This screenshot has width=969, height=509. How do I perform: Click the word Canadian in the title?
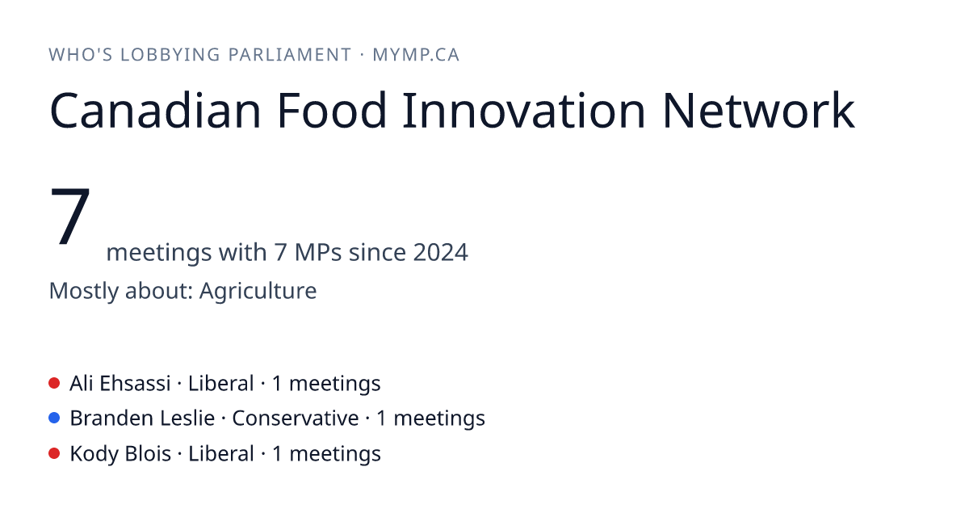pyautogui.click(x=155, y=111)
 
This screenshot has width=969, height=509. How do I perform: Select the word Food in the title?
pyautogui.click(x=331, y=111)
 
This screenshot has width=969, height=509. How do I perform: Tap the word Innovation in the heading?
pyautogui.click(x=524, y=111)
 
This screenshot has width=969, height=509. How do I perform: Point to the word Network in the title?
pyautogui.click(x=759, y=111)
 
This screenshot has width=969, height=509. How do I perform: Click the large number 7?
pyautogui.click(x=70, y=216)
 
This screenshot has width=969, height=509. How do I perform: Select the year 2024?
pyautogui.click(x=440, y=252)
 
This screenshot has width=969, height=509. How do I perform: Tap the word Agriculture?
pyautogui.click(x=258, y=291)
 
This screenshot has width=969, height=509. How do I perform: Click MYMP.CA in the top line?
pyautogui.click(x=416, y=55)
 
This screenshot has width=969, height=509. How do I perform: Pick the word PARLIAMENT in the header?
pyautogui.click(x=290, y=55)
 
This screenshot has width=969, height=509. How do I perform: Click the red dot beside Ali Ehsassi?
pyautogui.click(x=54, y=383)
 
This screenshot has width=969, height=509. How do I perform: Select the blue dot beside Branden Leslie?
pyautogui.click(x=54, y=419)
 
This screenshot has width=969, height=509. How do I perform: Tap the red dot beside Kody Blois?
pyautogui.click(x=54, y=453)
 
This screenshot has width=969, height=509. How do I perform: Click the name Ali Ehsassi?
pyautogui.click(x=120, y=384)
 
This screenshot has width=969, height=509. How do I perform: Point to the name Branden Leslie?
pyautogui.click(x=142, y=419)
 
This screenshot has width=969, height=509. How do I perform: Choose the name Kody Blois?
pyautogui.click(x=120, y=454)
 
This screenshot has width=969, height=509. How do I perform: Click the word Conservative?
pyautogui.click(x=296, y=419)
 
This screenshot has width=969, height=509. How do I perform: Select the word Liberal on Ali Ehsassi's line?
pyautogui.click(x=221, y=384)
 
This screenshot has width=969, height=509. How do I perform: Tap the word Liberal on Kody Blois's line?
pyautogui.click(x=221, y=454)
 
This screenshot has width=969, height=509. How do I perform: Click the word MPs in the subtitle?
pyautogui.click(x=318, y=252)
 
